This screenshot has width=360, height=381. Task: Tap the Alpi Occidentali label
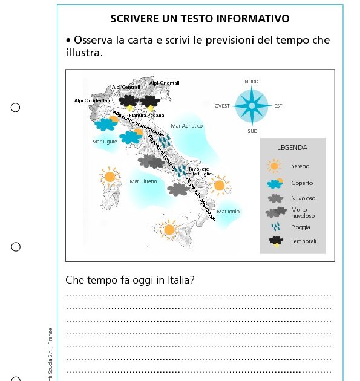pyautogui.click(x=92, y=100)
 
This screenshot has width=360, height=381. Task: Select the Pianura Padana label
pyautogui.click(x=146, y=115)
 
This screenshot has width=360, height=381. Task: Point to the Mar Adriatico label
pyautogui.click(x=187, y=126)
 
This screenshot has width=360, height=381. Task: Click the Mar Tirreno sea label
pyautogui.click(x=143, y=181)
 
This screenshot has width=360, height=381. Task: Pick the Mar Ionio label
pyautogui.click(x=228, y=212)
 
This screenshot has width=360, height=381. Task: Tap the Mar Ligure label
pyautogui.click(x=105, y=142)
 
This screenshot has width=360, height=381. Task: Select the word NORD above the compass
pyautogui.click(x=251, y=82)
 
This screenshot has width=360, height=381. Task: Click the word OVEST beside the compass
pyautogui.click(x=222, y=106)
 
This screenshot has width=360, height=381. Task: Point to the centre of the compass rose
pyautogui.click(x=252, y=106)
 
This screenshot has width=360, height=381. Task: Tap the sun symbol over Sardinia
pyautogui.click(x=110, y=177)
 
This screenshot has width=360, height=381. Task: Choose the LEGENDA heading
pyautogui.click(x=292, y=148)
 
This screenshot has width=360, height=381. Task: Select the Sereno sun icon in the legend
pyautogui.click(x=275, y=166)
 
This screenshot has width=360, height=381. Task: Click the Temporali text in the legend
pyautogui.click(x=303, y=241)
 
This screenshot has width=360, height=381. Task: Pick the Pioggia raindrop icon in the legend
pyautogui.click(x=275, y=227)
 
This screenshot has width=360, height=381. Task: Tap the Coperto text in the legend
pyautogui.click(x=302, y=183)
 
